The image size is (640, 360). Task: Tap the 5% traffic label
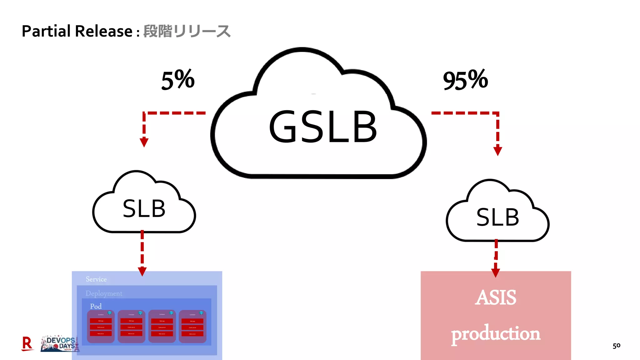click(178, 80)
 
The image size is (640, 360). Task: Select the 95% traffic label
click(465, 80)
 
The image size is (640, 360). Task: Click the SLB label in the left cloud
click(144, 209)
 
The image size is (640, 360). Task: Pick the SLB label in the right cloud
click(497, 217)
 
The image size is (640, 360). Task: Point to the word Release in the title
click(104, 31)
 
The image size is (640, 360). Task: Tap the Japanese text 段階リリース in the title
click(187, 31)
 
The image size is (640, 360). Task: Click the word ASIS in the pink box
click(496, 297)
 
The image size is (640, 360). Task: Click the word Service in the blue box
click(96, 279)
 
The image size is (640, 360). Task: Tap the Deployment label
click(104, 293)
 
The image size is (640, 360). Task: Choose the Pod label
click(96, 306)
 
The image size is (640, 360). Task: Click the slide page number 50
click(616, 346)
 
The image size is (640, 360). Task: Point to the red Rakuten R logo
click(27, 344)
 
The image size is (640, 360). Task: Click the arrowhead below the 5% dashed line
click(144, 142)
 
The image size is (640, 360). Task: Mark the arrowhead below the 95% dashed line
click(497, 151)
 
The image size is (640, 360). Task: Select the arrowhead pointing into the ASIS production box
click(496, 273)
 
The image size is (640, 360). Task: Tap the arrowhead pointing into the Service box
click(142, 272)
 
